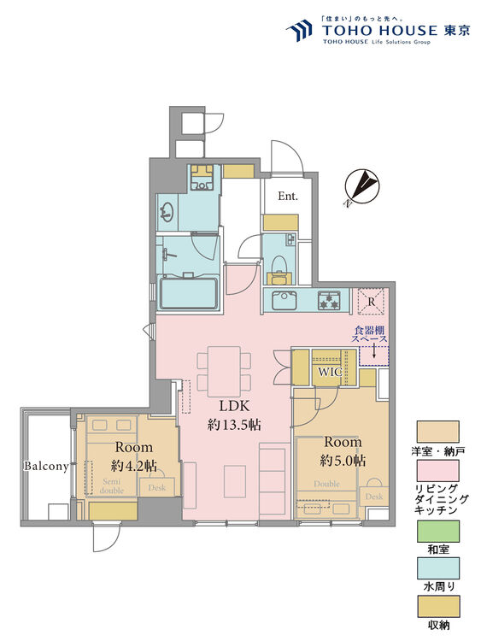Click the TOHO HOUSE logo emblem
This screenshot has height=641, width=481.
299,31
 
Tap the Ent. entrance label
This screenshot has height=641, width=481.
288,196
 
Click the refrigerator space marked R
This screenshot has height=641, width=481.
371,301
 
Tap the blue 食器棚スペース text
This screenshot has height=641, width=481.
372,333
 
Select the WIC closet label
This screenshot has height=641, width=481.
331,373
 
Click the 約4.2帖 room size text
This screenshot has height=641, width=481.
134,466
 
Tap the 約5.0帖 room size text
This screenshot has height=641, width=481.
343,461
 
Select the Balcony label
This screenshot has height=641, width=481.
45,467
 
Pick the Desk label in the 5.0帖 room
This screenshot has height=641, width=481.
374,497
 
